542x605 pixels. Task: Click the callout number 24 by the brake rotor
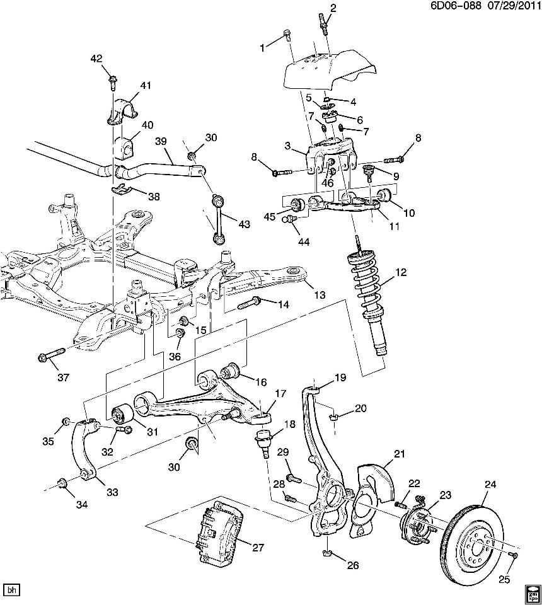pyautogui.click(x=491, y=485)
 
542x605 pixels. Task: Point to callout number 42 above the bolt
pyautogui.click(x=96, y=59)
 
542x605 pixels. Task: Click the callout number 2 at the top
pyautogui.click(x=333, y=8)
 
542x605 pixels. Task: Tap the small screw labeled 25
pyautogui.click(x=514, y=555)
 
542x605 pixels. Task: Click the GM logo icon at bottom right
pyautogui.click(x=532, y=594)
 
